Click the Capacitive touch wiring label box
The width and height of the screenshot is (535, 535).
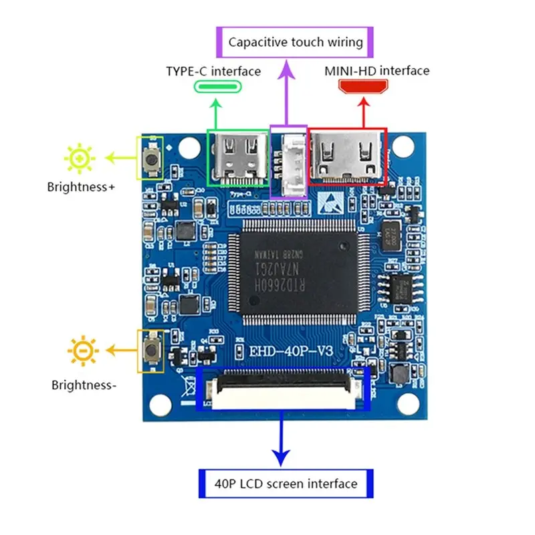tap(295, 42)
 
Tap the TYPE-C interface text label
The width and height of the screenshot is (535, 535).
tap(213, 71)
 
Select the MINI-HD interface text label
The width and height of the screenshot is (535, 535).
tap(377, 70)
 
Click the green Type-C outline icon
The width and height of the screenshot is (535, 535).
tap(217, 87)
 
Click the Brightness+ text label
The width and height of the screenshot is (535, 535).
tap(81, 187)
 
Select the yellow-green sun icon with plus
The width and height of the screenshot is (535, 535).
tap(80, 158)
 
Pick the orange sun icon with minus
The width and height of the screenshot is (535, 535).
tap(83, 350)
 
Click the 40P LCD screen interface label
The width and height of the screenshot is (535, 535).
tap(286, 484)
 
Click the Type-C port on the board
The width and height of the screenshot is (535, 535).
tap(239, 156)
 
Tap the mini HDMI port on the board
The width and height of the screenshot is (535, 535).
tap(347, 156)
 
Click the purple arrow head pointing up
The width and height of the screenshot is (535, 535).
tap(288, 67)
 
